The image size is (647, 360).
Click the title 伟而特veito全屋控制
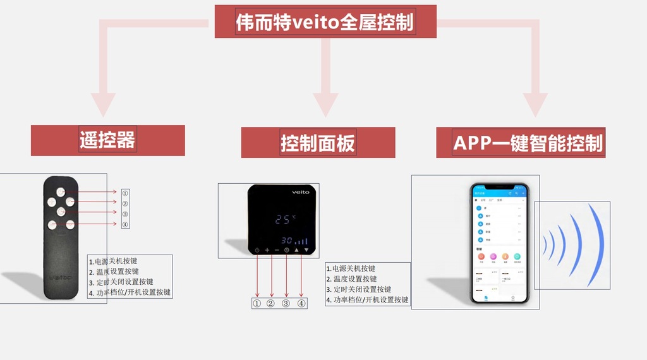coord(325,22)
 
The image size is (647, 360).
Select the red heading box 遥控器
coord(107,140)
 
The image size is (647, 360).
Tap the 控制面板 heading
coord(318,143)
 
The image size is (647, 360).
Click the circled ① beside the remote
coord(125,193)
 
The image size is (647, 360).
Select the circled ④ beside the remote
coord(125,224)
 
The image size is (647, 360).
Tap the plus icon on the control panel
coord(267,250)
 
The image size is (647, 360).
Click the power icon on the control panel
coord(257,250)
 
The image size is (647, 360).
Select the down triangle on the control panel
coord(306,250)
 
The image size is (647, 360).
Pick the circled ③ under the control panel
coord(286,303)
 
